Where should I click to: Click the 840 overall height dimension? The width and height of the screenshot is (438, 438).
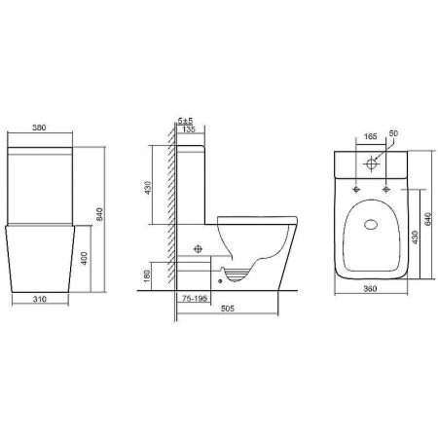pyautogui.click(x=99, y=214)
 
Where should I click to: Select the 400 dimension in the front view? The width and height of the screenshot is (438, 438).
pyautogui.click(x=85, y=258)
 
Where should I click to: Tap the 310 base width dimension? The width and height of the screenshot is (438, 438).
pyautogui.click(x=40, y=299)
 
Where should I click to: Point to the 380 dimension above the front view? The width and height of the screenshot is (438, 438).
pyautogui.click(x=39, y=128)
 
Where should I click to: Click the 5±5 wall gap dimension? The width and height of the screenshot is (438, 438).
pyautogui.click(x=185, y=121)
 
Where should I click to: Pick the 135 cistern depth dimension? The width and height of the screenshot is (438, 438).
pyautogui.click(x=189, y=129)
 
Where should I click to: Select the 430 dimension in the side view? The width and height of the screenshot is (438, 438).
pyautogui.click(x=148, y=188)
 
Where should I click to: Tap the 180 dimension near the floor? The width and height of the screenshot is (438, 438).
pyautogui.click(x=147, y=275)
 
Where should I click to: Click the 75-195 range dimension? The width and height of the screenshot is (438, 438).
pyautogui.click(x=195, y=299)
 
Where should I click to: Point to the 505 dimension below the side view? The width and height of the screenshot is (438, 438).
pyautogui.click(x=228, y=309)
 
